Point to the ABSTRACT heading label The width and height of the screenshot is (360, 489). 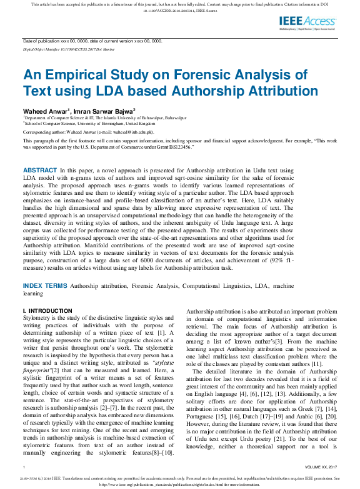(x=39, y=152)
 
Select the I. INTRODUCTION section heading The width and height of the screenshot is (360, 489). (x=47, y=310)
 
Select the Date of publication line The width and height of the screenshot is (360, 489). (x=92, y=40)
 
